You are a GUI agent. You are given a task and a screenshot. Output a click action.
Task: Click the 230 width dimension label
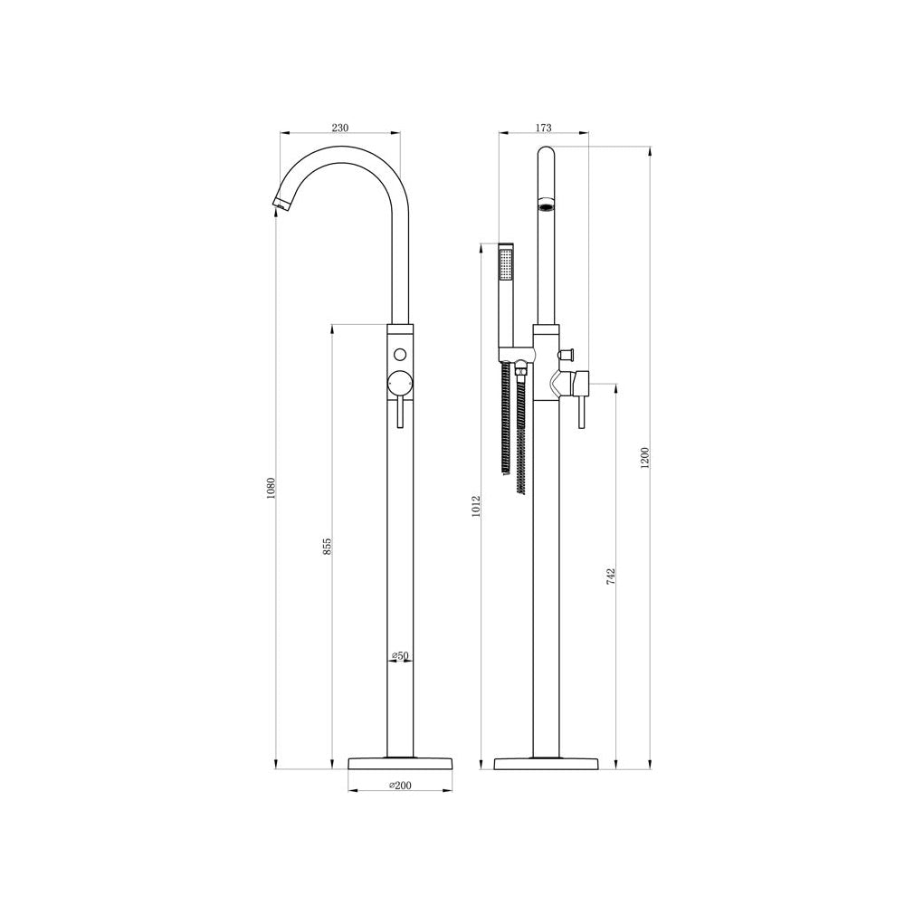point(339,129)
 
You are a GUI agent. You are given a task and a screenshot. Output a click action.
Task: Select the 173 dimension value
point(544,129)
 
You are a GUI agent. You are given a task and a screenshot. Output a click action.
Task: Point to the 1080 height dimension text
point(270,489)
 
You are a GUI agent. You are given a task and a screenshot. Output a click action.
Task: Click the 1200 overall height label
point(644,458)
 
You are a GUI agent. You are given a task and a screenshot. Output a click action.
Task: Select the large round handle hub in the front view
point(400,383)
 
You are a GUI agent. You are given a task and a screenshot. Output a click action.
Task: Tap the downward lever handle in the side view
point(581,412)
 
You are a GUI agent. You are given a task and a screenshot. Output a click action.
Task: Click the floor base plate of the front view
point(400,762)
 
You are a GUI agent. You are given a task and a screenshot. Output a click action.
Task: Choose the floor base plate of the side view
point(546,762)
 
